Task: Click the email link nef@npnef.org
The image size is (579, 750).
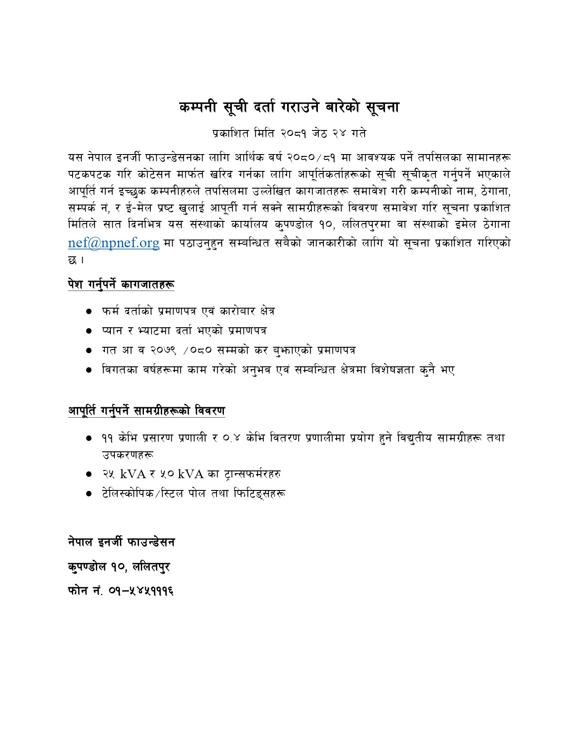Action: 114,243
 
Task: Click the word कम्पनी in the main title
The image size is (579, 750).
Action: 198,107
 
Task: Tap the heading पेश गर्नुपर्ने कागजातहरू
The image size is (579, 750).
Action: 121,285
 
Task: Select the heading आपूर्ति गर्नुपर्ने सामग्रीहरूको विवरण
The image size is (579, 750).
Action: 146,411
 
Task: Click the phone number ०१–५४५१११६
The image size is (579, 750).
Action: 141,591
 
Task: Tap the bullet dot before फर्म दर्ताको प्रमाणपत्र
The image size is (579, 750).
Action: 89,312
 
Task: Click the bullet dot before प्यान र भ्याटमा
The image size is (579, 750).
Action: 89,331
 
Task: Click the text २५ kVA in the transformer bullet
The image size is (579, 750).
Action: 124,474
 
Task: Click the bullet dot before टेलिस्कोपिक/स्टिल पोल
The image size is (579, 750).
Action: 89,494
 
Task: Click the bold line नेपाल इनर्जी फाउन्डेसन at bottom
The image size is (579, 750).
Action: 121,542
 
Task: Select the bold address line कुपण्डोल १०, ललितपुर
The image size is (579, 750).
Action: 119,567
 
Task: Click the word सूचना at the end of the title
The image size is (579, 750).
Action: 382,107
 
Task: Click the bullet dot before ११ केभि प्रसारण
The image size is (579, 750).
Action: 89,439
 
